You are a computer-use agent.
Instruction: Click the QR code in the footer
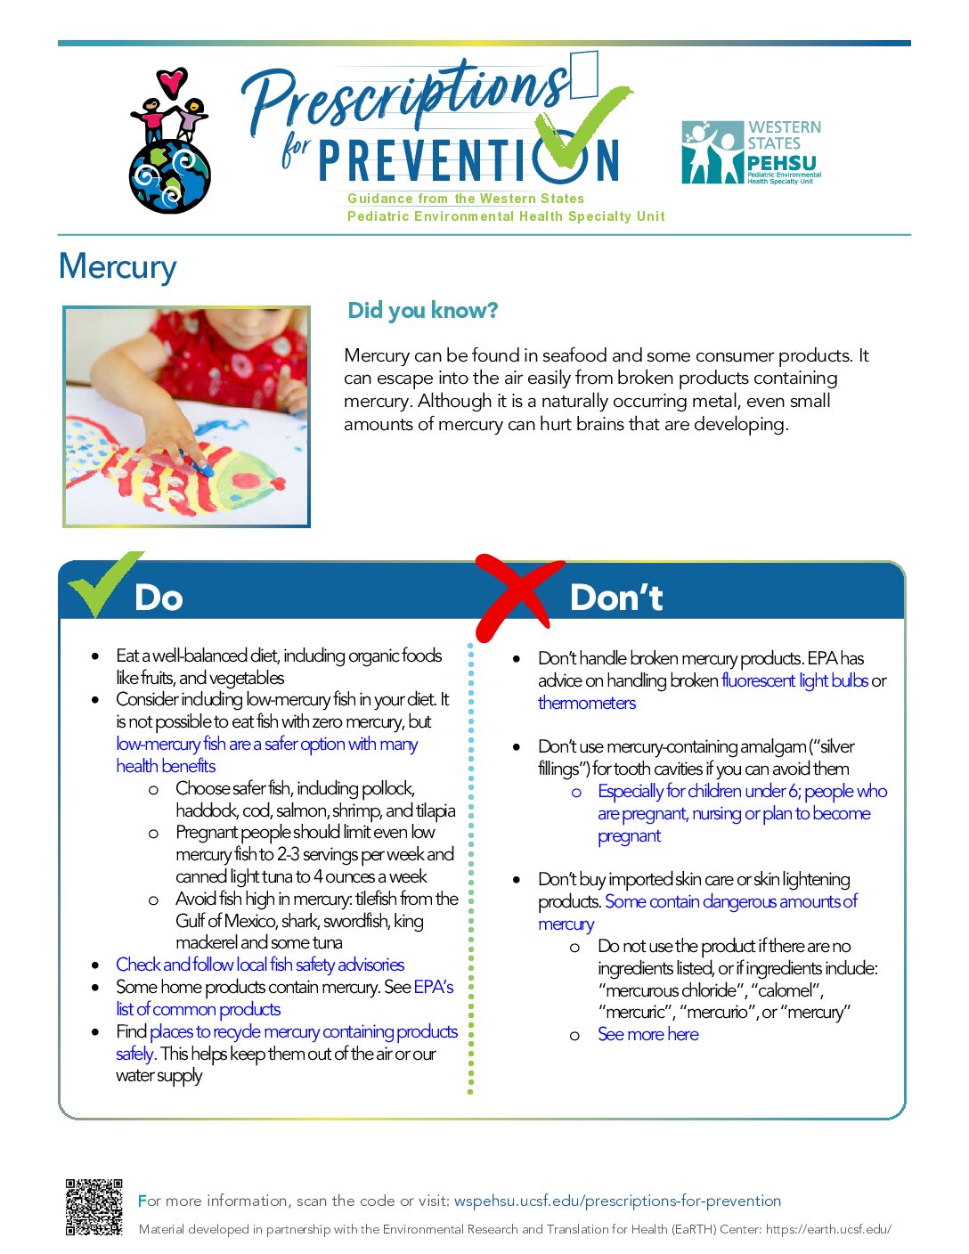point(94,1207)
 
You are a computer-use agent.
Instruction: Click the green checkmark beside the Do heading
point(104,582)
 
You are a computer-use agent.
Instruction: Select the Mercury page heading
point(118,266)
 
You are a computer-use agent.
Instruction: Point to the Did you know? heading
point(422,311)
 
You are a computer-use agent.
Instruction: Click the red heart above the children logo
point(172,81)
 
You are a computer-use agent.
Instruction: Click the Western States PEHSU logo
point(751,152)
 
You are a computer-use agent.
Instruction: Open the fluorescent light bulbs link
point(794,681)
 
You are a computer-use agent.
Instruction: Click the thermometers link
point(586,703)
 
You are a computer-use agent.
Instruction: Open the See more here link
point(647,1034)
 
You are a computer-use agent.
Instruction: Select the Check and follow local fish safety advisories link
point(260,965)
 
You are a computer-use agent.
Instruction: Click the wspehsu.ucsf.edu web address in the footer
point(617,1201)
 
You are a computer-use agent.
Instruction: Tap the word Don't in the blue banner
point(615,597)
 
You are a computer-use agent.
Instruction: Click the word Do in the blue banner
point(159,598)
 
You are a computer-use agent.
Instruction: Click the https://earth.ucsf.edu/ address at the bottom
point(828,1228)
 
